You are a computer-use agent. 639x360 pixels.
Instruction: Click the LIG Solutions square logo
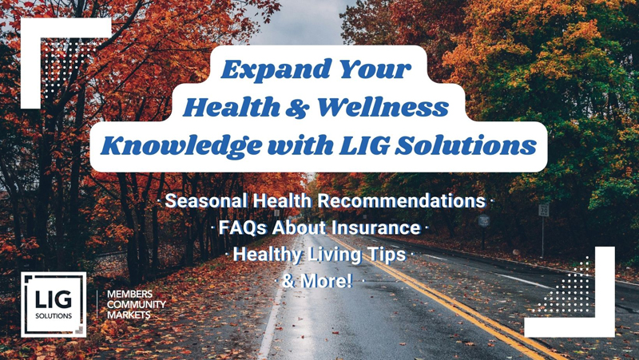[x=54, y=304]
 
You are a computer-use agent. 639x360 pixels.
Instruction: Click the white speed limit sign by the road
[x=543, y=210]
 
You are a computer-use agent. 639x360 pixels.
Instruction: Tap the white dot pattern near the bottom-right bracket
[x=572, y=282]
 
